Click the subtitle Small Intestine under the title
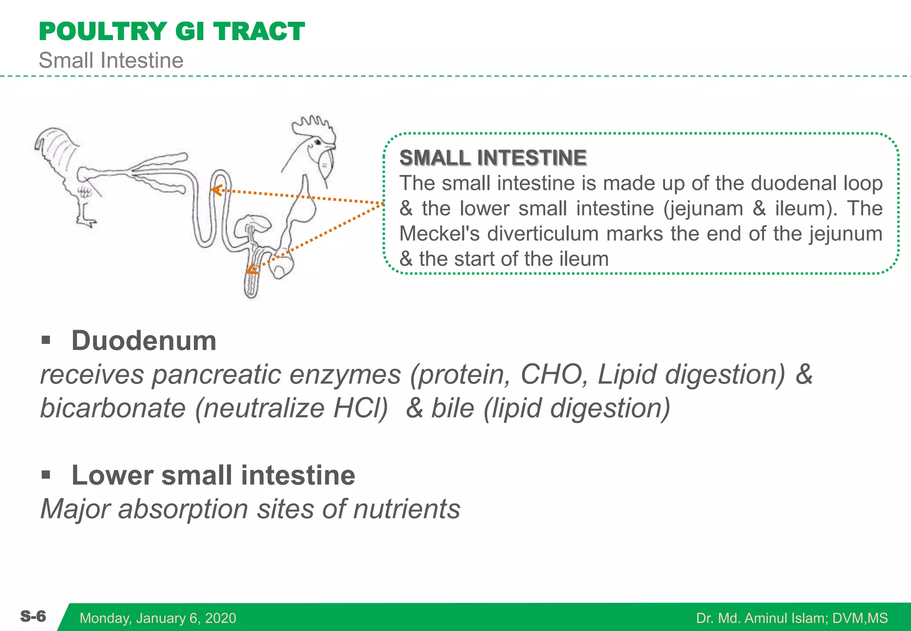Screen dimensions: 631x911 pos(111,61)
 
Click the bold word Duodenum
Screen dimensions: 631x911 pos(144,341)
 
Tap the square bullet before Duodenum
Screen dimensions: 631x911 pos(46,341)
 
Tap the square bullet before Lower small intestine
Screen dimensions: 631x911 pos(46,475)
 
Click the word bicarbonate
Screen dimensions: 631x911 pos(113,408)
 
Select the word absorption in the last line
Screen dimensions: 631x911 pos(183,509)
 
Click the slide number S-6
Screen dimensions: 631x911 pos(33,616)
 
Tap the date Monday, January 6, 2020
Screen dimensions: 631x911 pos(157,618)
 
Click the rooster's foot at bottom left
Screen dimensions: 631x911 pos(87,221)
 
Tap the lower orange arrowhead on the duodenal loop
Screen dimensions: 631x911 pos(252,269)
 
